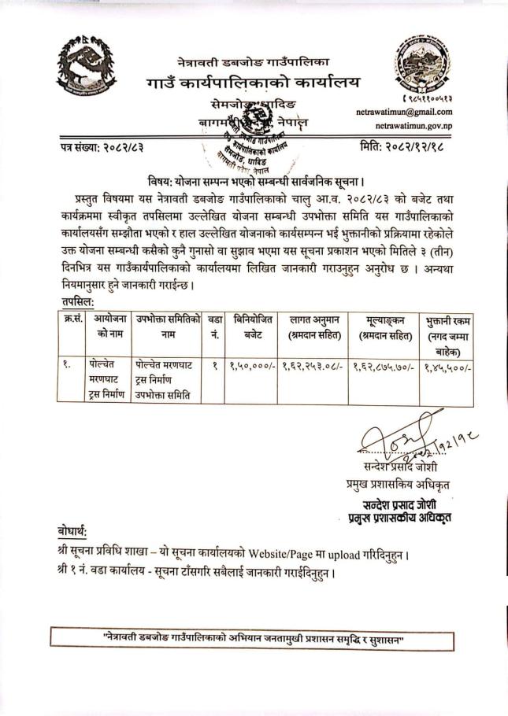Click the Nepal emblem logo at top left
point(86,68)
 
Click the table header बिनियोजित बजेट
point(253,327)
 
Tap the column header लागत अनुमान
point(314,327)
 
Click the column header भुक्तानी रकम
point(447,334)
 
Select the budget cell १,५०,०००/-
point(252,366)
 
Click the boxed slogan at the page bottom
point(254,638)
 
